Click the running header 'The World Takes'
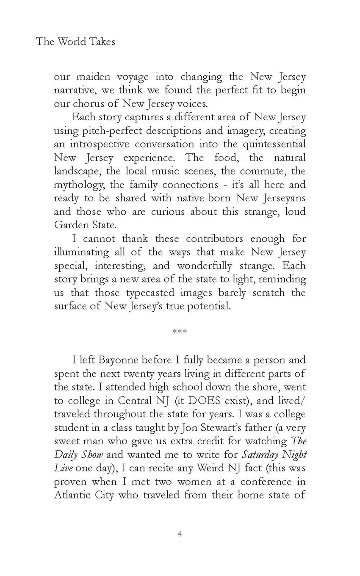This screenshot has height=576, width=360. (x=75, y=42)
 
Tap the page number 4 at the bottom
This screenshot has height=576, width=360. (x=180, y=534)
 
